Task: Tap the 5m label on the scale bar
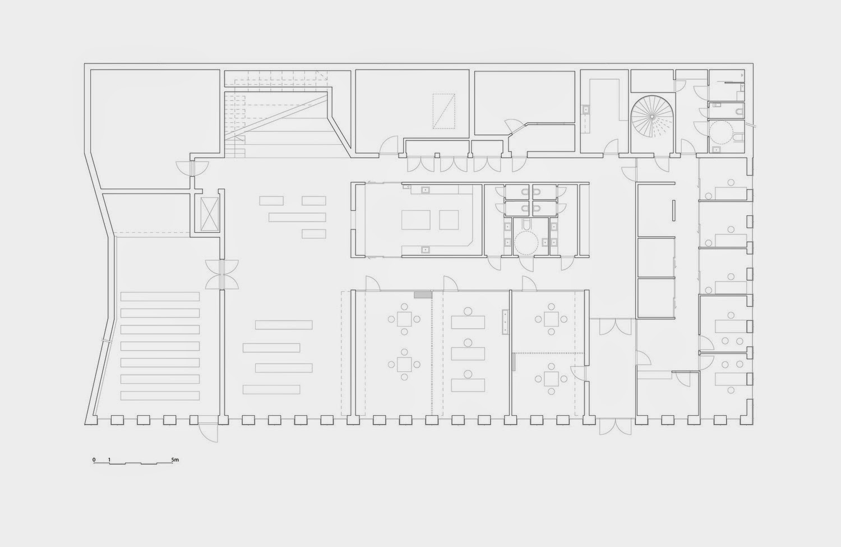click(x=175, y=459)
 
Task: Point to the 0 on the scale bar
click(x=94, y=459)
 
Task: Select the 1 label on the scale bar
click(x=109, y=459)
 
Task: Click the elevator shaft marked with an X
click(x=209, y=214)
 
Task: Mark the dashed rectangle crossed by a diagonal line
click(x=444, y=111)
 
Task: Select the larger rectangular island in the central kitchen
click(x=415, y=220)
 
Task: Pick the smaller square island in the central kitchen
click(x=449, y=220)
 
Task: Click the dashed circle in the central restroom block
click(x=526, y=243)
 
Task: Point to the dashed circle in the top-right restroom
click(x=721, y=132)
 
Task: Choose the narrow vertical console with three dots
click(x=505, y=322)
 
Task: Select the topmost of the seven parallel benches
click(x=160, y=297)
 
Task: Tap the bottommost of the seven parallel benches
click(x=160, y=396)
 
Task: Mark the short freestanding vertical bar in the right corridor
click(x=673, y=211)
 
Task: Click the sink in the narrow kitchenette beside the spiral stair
click(x=586, y=110)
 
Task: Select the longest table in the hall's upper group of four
click(x=297, y=217)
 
